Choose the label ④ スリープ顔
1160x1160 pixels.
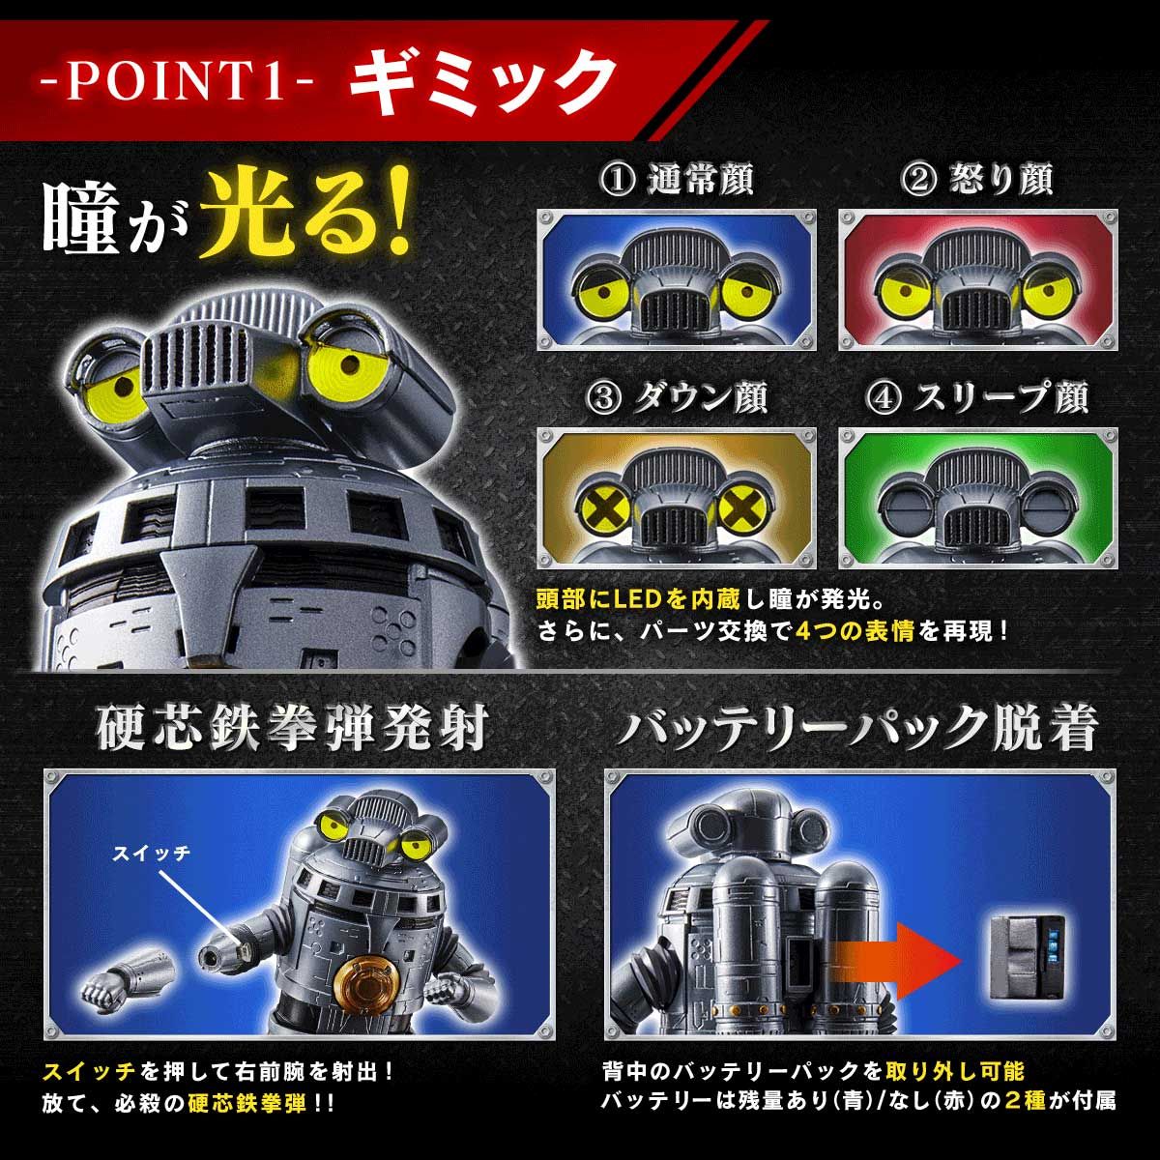coord(978,397)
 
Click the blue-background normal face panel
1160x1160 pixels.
coord(677,280)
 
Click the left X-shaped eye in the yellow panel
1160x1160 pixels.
coord(598,507)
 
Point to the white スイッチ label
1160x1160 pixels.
coord(151,853)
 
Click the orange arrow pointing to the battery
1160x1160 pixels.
coord(899,957)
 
